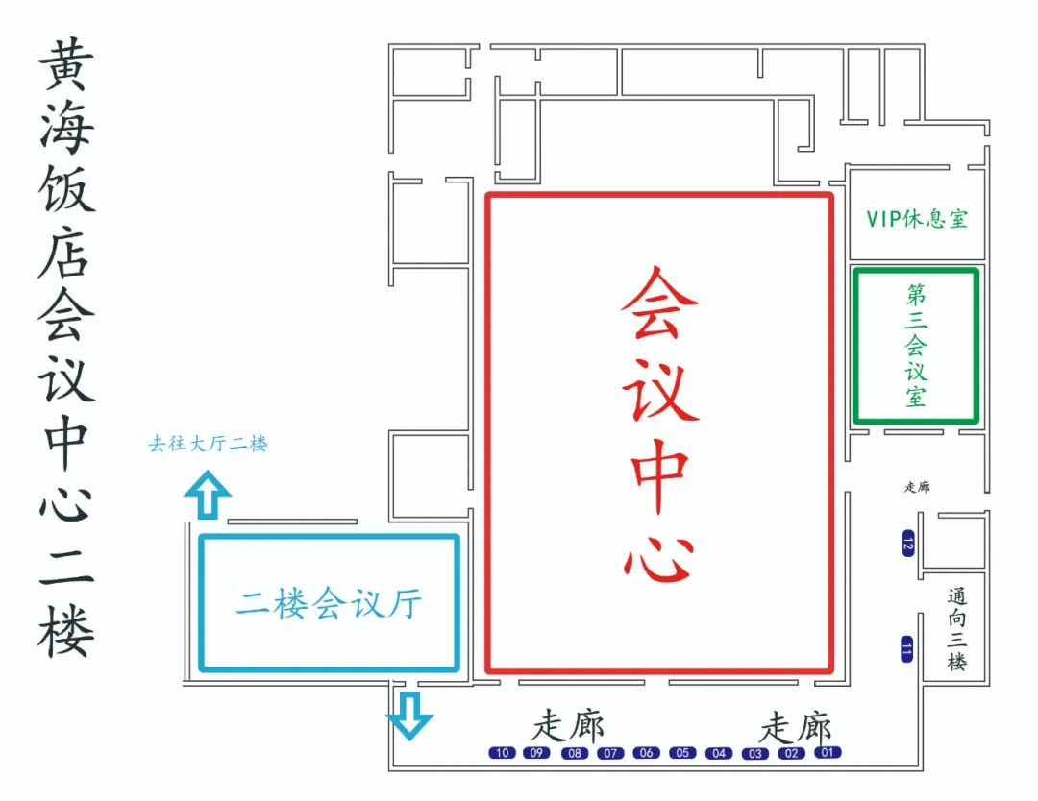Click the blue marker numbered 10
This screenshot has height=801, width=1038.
(502, 753)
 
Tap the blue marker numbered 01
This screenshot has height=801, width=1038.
(828, 752)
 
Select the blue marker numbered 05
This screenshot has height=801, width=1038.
(682, 753)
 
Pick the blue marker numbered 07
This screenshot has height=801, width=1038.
(610, 753)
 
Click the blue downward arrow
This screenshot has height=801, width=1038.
(410, 715)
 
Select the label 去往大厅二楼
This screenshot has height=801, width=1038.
(208, 445)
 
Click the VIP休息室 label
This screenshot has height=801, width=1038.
(917, 219)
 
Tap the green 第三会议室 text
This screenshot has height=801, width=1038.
(916, 345)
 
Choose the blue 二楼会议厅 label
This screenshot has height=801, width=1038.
(329, 604)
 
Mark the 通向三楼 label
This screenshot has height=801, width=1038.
(955, 628)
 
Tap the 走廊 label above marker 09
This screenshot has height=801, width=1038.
(569, 726)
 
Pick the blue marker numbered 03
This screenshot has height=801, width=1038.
(754, 753)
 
